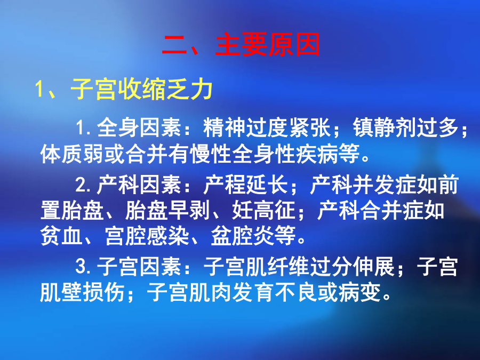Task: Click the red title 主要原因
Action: (268, 45)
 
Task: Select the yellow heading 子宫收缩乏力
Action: (142, 90)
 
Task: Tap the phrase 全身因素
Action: (139, 127)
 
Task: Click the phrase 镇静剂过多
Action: (406, 127)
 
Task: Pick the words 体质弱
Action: (72, 154)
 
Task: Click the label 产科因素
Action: (139, 185)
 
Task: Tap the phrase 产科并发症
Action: (363, 185)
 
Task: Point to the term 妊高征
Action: (263, 211)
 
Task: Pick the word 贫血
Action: (61, 236)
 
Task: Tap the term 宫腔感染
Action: (147, 236)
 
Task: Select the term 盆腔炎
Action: (243, 236)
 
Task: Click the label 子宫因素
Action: (139, 266)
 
